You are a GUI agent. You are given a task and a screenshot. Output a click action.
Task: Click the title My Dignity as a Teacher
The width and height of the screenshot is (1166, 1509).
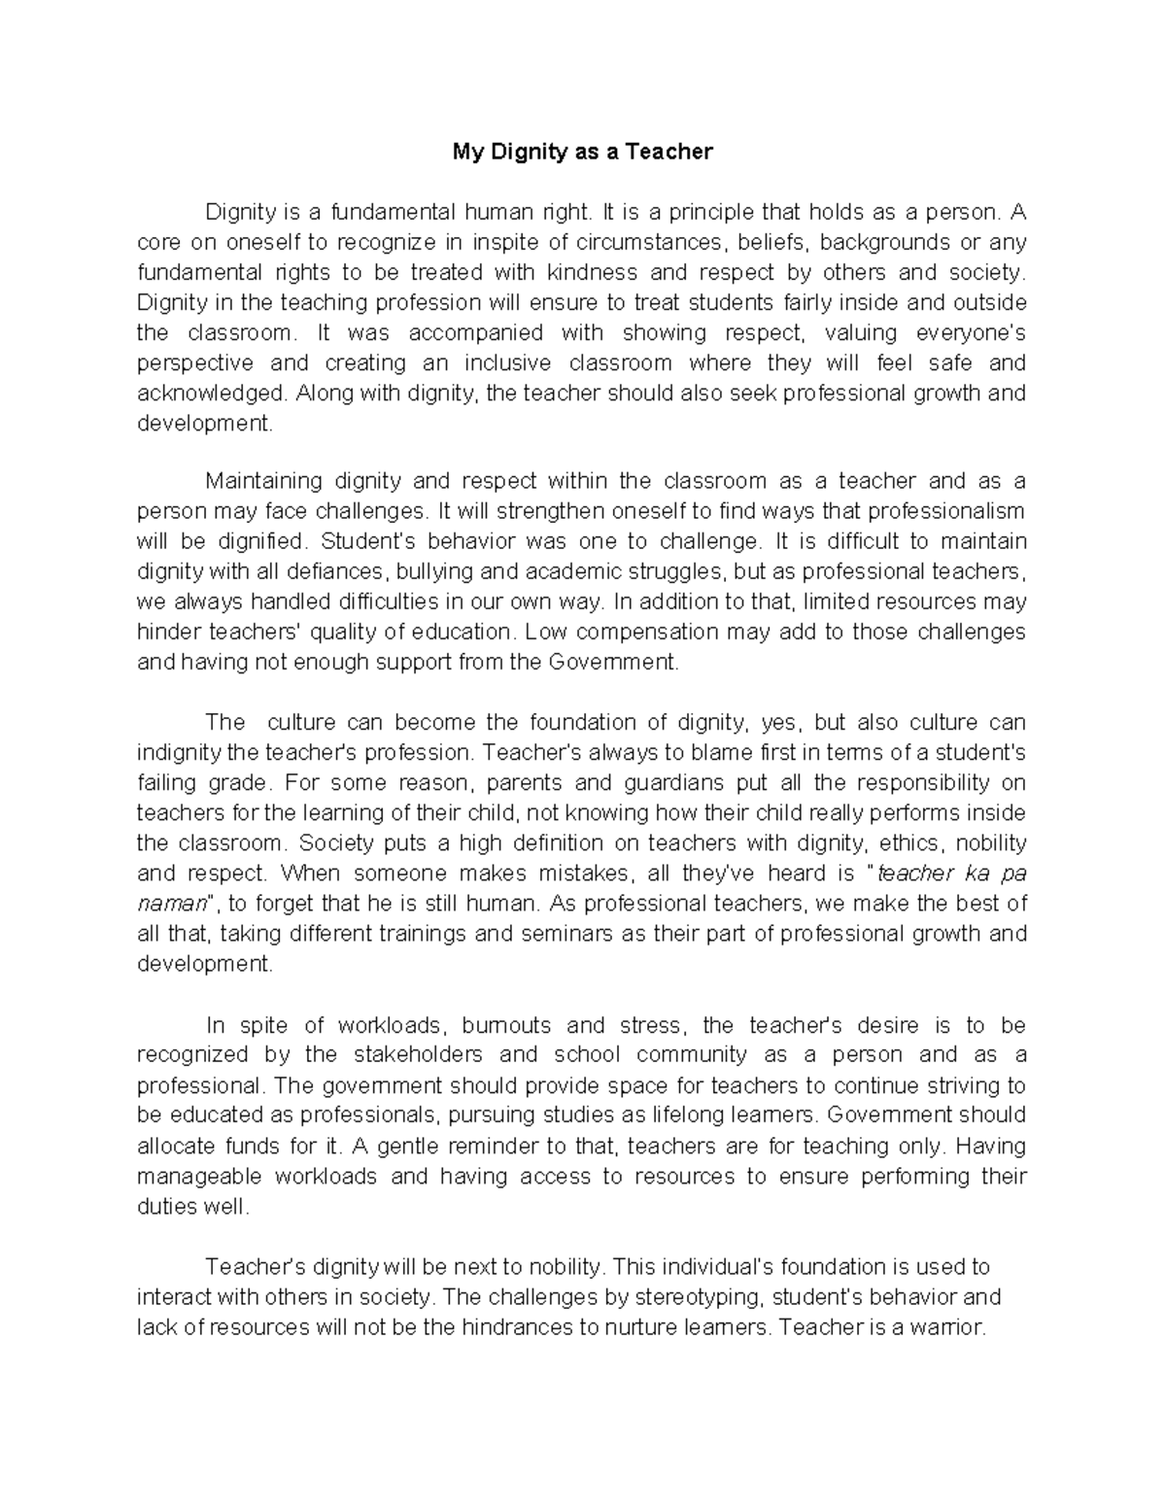582,152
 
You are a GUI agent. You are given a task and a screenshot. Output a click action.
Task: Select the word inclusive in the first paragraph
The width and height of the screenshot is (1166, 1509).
507,363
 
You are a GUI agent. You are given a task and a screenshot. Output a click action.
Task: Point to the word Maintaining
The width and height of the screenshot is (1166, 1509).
263,481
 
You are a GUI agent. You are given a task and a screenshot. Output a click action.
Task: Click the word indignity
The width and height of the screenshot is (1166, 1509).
179,752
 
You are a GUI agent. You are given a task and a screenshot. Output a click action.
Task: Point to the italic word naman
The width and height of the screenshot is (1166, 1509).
172,904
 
